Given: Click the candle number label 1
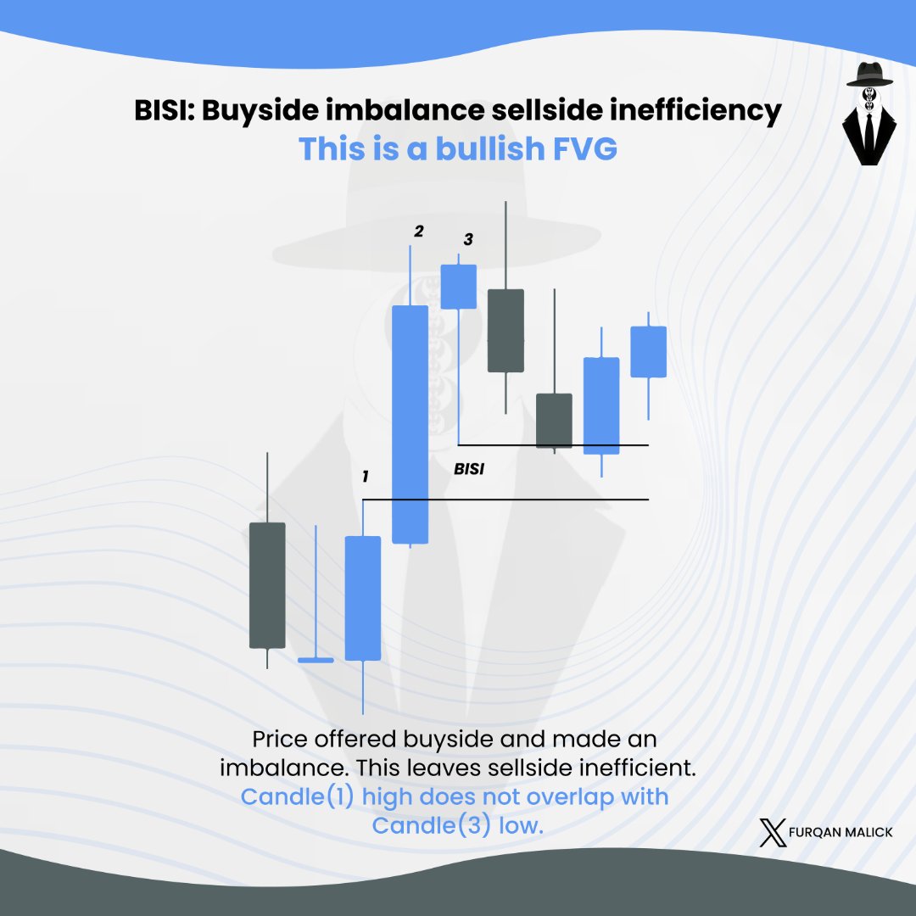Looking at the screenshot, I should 365,477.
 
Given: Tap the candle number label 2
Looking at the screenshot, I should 417,232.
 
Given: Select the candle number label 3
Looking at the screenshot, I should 467,240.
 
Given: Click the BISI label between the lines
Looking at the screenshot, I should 469,468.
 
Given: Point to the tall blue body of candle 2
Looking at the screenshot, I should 411,424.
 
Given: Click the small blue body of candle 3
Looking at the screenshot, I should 459,286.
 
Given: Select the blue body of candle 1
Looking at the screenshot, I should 363,598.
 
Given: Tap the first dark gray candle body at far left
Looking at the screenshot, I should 267,585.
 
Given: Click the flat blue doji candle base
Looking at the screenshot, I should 316,659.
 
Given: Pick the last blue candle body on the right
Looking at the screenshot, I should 649,351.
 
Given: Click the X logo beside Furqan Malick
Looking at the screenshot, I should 774,832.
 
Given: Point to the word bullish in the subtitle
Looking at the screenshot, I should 489,149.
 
